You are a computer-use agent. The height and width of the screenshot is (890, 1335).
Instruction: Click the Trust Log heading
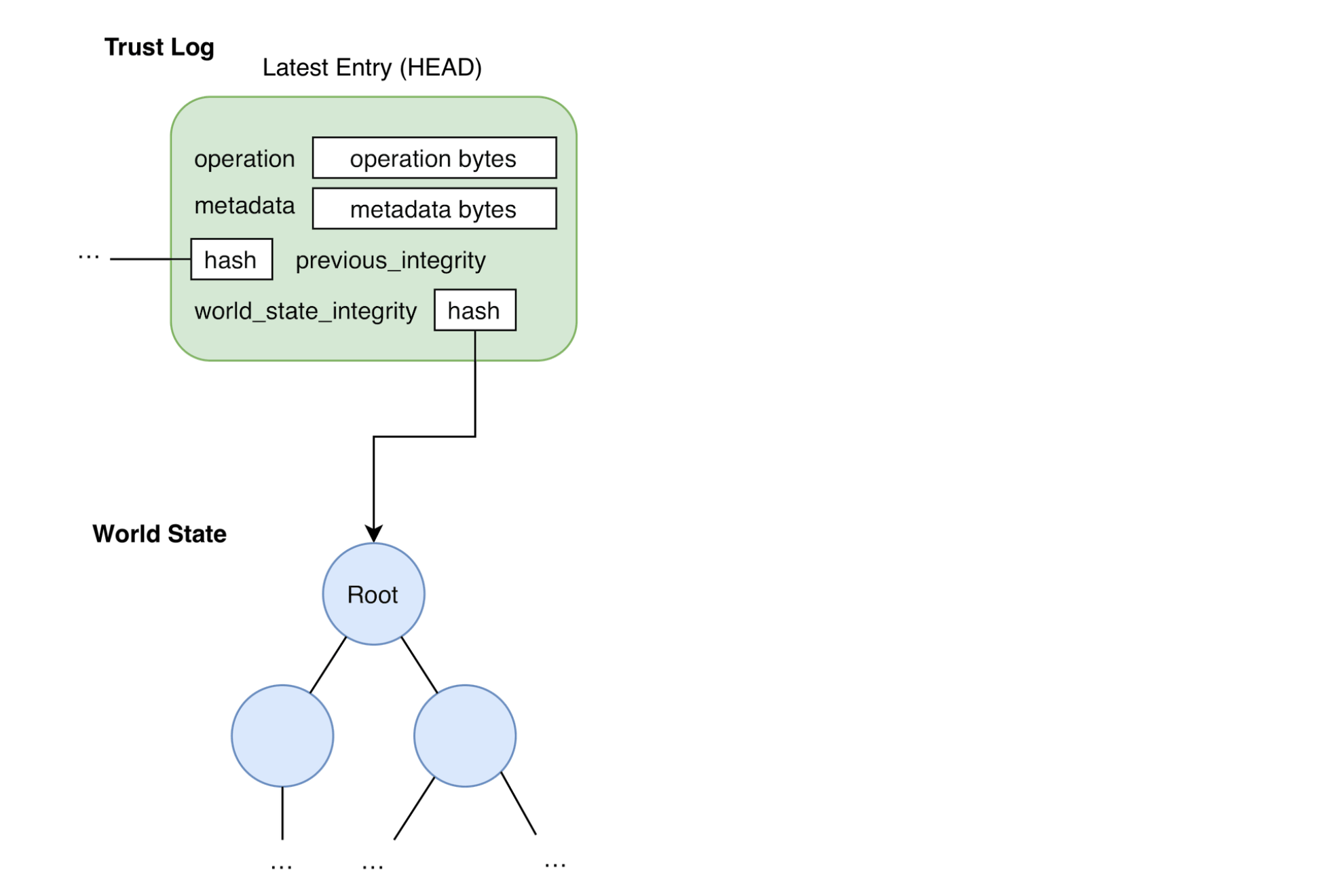[160, 48]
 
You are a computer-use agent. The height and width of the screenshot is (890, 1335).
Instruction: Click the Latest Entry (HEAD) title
[371, 67]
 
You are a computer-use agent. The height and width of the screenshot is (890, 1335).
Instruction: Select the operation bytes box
[434, 158]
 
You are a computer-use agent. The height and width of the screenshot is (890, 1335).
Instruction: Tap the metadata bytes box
[434, 209]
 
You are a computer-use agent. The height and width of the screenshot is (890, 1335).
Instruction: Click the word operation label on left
[244, 159]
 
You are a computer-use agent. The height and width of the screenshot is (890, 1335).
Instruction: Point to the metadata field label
[244, 206]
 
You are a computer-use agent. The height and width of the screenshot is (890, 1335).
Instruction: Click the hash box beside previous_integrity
[231, 259]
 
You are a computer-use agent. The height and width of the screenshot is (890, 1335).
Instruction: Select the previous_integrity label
[390, 261]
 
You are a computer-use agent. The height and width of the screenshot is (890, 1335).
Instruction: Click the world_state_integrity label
[305, 311]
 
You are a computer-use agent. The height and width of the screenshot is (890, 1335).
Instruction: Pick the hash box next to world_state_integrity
[474, 310]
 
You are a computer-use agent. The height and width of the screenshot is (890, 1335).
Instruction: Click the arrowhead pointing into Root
[373, 532]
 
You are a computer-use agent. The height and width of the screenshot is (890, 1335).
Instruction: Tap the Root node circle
[373, 594]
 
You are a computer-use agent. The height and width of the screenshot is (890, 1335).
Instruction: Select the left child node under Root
[282, 736]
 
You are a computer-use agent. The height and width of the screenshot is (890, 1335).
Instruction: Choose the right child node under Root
[465, 736]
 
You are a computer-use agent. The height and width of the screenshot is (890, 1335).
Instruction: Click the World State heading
[159, 534]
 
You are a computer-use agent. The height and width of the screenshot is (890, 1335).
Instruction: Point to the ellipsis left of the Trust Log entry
[88, 257]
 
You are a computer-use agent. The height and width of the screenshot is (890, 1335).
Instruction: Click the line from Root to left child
[328, 665]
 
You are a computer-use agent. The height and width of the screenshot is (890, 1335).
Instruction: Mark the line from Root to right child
[419, 665]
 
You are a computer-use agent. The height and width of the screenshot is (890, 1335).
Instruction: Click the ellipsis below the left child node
[281, 867]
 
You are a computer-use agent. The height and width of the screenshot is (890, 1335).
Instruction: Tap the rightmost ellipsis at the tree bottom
[555, 865]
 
